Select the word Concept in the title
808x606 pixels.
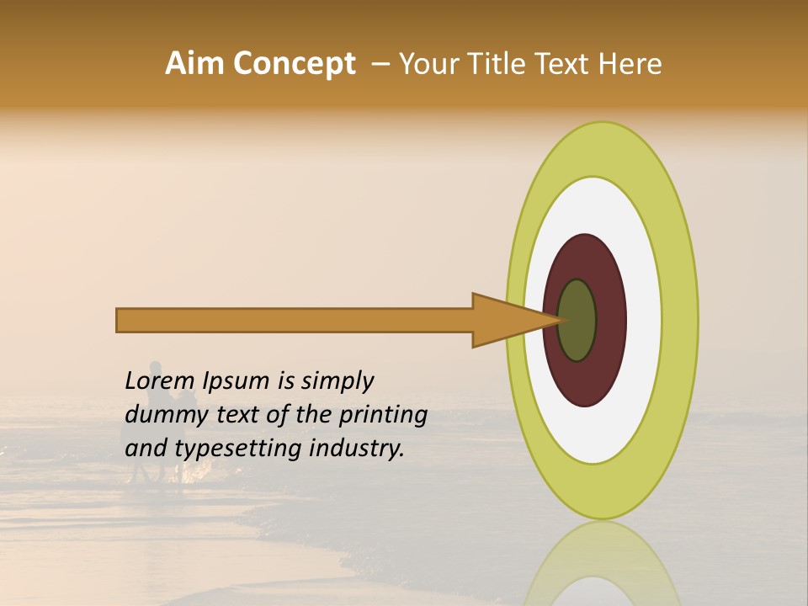point(293,64)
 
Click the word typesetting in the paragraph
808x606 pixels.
point(237,448)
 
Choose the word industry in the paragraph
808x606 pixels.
point(357,448)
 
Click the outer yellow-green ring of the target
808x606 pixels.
point(680,320)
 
